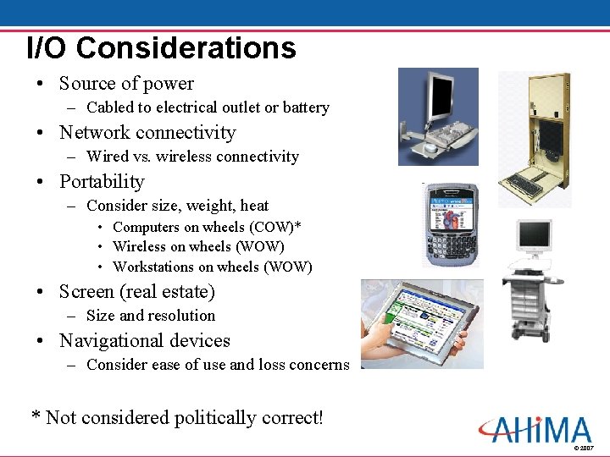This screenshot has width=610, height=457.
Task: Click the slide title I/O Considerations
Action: coord(161,47)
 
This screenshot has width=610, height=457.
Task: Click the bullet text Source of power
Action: coord(126,84)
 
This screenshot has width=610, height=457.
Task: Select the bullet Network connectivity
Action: coord(147,133)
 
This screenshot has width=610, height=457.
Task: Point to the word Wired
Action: coord(108,157)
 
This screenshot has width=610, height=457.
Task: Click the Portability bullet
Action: coord(102,182)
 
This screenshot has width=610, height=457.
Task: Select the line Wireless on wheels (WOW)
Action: coord(198,247)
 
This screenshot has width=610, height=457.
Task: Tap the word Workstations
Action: coord(153,267)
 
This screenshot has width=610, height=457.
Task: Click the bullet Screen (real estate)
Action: coord(137,292)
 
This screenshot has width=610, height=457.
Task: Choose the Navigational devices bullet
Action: coord(145,341)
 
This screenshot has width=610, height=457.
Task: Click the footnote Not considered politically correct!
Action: coord(185,418)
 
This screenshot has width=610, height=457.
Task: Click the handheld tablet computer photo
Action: coord(421,324)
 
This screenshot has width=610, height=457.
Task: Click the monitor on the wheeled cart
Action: coord(534,236)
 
